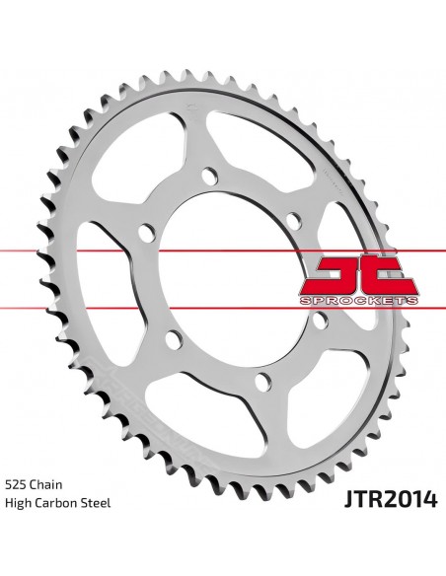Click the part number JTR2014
(391, 499)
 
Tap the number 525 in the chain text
(15, 484)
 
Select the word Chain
(46, 484)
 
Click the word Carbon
(60, 503)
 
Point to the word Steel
(99, 503)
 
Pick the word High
(19, 503)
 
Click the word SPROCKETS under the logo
(359, 301)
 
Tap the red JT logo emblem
(358, 275)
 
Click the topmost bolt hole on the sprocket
(210, 177)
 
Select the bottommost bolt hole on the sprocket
(263, 382)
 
